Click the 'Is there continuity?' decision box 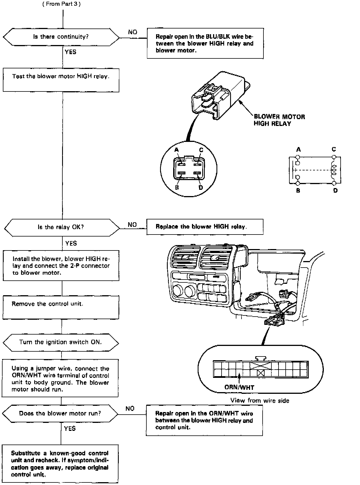point(61,37)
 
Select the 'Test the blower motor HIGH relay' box point(61,80)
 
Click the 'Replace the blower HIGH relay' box point(204,227)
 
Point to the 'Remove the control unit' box point(61,307)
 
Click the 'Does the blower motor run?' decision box point(60,413)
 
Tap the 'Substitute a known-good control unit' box point(60,464)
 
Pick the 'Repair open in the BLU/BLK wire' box point(205,43)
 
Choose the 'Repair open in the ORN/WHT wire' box point(204,420)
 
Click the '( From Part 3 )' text point(62,4)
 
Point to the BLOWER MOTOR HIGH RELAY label point(279,120)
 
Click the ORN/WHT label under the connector point(239,387)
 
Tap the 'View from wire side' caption point(260,400)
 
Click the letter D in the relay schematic point(335,190)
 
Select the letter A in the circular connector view point(177,150)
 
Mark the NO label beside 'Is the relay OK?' point(132,225)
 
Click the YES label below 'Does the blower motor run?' point(70,429)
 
